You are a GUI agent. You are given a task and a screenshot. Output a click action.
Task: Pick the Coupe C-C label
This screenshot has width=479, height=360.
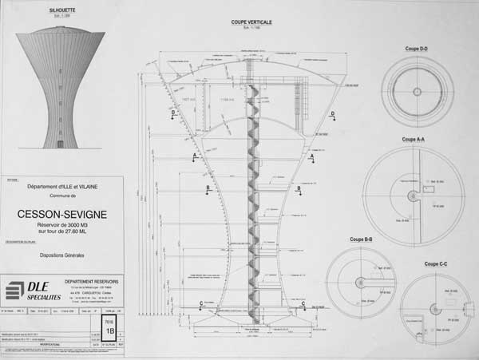tap(437, 263)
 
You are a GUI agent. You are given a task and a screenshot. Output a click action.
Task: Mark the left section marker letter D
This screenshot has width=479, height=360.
tap(173, 113)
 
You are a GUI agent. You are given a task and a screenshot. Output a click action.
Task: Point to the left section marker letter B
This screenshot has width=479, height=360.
tap(208, 188)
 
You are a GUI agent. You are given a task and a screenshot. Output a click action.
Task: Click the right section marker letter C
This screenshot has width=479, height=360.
tap(303, 303)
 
